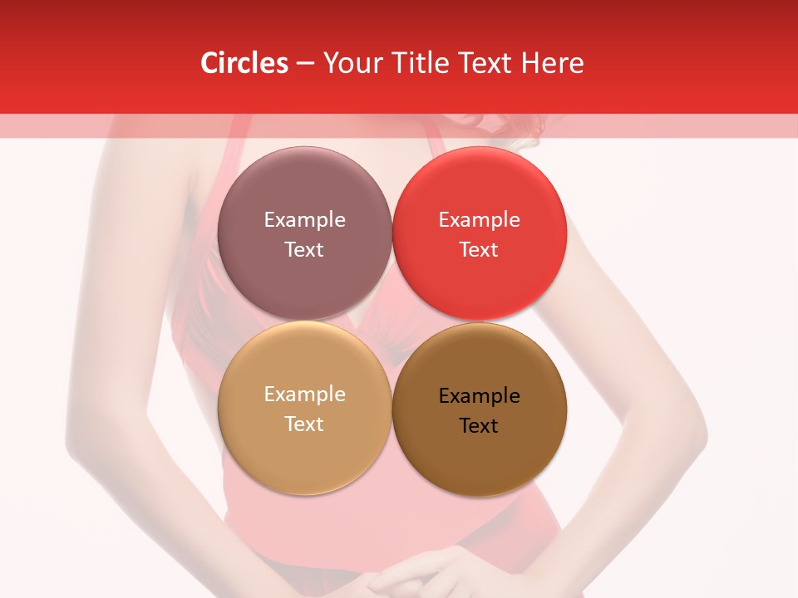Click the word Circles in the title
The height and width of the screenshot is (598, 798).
click(x=244, y=63)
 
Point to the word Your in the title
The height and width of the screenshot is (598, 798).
click(x=352, y=63)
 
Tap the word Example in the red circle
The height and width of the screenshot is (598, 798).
click(x=479, y=220)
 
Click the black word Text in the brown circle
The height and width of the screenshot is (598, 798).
click(x=479, y=426)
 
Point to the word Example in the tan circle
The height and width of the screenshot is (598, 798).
click(x=304, y=395)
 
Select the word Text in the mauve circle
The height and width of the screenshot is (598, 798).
click(x=304, y=250)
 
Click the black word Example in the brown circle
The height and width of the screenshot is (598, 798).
click(x=479, y=396)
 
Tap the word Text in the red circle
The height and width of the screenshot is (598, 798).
click(x=479, y=250)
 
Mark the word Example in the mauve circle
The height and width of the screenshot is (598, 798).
click(x=304, y=220)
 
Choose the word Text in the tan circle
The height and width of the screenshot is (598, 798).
click(x=304, y=424)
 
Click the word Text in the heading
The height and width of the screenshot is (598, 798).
click(x=486, y=63)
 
